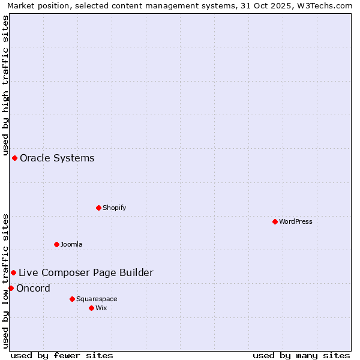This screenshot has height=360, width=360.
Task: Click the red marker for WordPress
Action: click(x=275, y=221)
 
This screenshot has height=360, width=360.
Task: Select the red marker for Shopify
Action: click(x=98, y=208)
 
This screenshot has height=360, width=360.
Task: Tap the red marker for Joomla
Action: click(x=56, y=244)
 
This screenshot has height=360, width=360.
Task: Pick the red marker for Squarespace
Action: click(x=72, y=299)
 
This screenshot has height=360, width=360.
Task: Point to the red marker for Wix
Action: click(x=91, y=308)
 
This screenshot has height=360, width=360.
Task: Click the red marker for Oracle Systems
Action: click(x=14, y=158)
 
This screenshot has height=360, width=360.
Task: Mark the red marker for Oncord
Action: click(x=11, y=288)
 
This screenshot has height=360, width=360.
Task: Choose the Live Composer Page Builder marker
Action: click(x=13, y=272)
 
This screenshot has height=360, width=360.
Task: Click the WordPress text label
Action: click(x=296, y=221)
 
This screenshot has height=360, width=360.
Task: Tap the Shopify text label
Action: click(x=114, y=208)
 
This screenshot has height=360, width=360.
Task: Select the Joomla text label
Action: click(x=71, y=244)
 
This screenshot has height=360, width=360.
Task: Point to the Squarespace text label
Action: click(x=97, y=299)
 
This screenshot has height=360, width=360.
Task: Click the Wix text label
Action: click(x=101, y=308)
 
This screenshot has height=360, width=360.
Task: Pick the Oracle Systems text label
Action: click(x=57, y=158)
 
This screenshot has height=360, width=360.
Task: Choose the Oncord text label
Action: click(x=33, y=288)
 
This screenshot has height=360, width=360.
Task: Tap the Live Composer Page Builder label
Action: click(x=86, y=272)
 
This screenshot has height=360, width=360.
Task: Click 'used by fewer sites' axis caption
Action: click(x=62, y=355)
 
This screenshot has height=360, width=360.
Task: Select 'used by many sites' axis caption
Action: click(x=301, y=355)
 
